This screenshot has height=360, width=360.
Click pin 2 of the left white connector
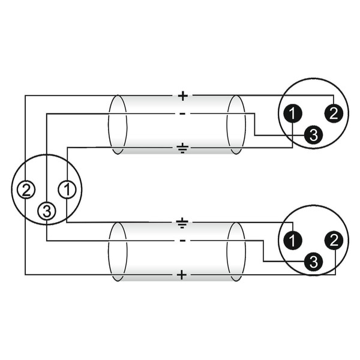click(x=26, y=190)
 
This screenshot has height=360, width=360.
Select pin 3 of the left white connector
click(x=47, y=211)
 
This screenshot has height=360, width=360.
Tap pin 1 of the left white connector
click(x=67, y=190)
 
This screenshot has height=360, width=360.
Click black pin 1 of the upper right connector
click(x=292, y=113)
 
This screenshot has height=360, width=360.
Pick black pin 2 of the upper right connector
click(x=334, y=113)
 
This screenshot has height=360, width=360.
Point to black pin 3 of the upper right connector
click(x=313, y=135)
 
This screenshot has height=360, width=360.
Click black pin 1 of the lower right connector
click(x=292, y=241)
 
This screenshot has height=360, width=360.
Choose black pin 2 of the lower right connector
click(x=334, y=241)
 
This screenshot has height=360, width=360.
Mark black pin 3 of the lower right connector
click(x=313, y=262)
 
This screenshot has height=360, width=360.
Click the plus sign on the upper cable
click(x=183, y=96)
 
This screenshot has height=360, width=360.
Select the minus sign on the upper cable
click(x=182, y=113)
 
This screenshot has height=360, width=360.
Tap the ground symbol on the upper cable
click(x=182, y=148)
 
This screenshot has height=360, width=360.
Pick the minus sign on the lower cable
click(x=182, y=241)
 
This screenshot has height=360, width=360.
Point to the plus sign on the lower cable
click(x=182, y=275)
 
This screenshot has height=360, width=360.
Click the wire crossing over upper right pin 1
click(x=292, y=135)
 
